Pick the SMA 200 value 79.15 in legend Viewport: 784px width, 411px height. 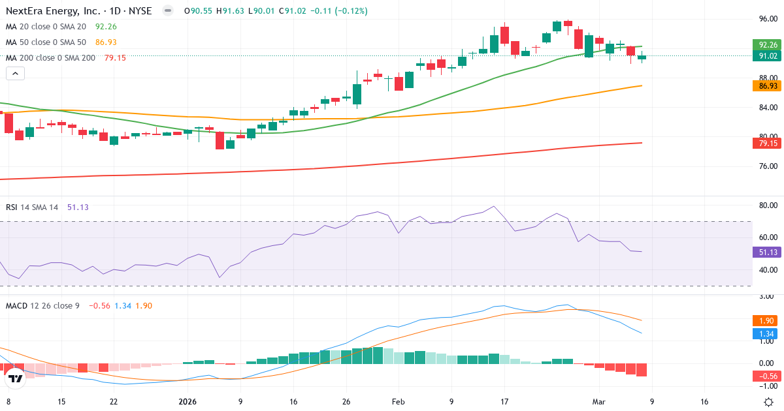(x=115, y=58)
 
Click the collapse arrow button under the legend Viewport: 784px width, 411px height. (x=15, y=74)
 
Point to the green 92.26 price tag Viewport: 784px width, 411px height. (x=764, y=45)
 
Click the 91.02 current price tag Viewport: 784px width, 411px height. (x=764, y=56)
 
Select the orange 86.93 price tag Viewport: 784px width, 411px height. (x=764, y=86)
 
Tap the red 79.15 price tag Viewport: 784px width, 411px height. (x=764, y=143)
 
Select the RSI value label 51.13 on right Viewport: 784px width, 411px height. (x=764, y=252)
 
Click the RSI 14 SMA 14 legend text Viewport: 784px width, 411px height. (x=32, y=207)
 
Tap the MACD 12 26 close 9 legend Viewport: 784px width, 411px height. (x=42, y=305)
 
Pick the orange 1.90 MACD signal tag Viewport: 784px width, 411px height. (x=764, y=321)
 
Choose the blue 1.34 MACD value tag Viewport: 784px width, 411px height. (x=764, y=334)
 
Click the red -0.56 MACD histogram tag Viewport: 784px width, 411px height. (x=764, y=376)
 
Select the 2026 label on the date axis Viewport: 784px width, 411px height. (x=188, y=402)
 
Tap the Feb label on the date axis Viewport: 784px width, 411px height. (x=398, y=402)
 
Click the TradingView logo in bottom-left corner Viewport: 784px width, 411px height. (x=15, y=378)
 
